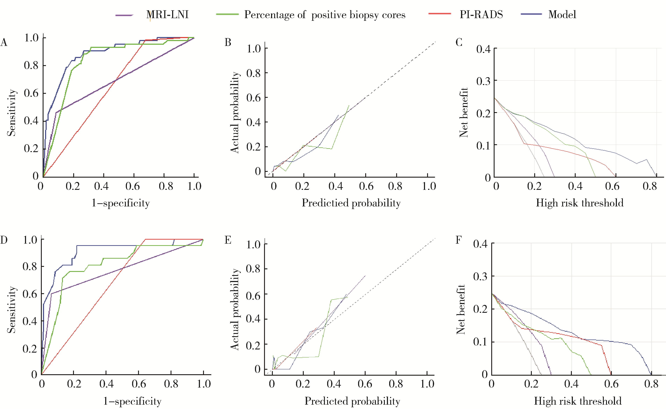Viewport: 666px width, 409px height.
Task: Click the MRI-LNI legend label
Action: (x=167, y=15)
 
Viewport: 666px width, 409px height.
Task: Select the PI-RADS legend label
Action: (x=481, y=15)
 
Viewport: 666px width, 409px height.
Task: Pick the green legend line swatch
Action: (x=227, y=14)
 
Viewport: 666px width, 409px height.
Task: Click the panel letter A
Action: (x=4, y=42)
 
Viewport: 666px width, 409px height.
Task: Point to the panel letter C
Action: (x=459, y=42)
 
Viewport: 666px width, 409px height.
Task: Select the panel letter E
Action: (x=228, y=240)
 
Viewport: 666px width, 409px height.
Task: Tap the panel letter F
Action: (x=458, y=240)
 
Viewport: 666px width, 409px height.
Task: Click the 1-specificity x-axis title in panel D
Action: (x=132, y=401)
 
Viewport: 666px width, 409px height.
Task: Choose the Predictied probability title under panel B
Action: (x=351, y=203)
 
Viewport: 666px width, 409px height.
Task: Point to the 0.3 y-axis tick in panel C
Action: (x=483, y=81)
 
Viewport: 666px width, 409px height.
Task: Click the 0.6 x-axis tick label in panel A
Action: (x=133, y=186)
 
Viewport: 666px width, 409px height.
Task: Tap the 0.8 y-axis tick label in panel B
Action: (x=254, y=73)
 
